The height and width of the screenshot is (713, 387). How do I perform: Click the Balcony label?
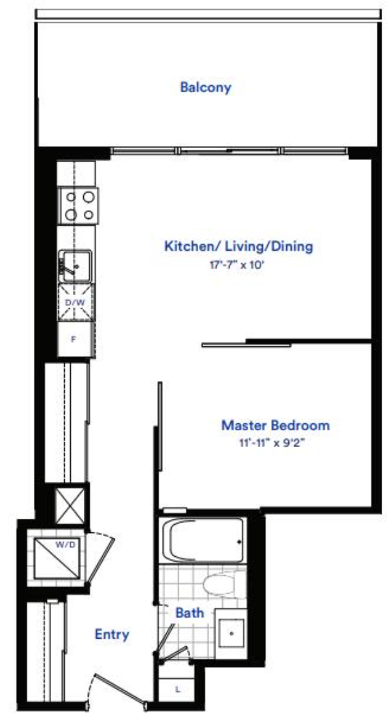tap(206, 87)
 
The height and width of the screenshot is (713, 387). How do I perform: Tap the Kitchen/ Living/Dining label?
tap(238, 247)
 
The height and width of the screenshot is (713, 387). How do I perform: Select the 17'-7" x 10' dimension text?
tap(237, 265)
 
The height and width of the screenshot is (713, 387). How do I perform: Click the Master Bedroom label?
tap(275, 425)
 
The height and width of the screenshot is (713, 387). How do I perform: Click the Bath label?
tap(189, 613)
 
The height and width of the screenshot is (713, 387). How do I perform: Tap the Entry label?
tap(112, 634)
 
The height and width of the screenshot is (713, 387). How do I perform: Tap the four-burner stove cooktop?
tap(78, 206)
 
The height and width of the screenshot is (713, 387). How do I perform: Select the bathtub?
tap(202, 541)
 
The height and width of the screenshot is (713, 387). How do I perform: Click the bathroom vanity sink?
tap(231, 633)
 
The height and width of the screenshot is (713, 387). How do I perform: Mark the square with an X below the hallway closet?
tap(69, 506)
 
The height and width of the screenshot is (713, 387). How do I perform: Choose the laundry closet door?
tap(99, 558)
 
